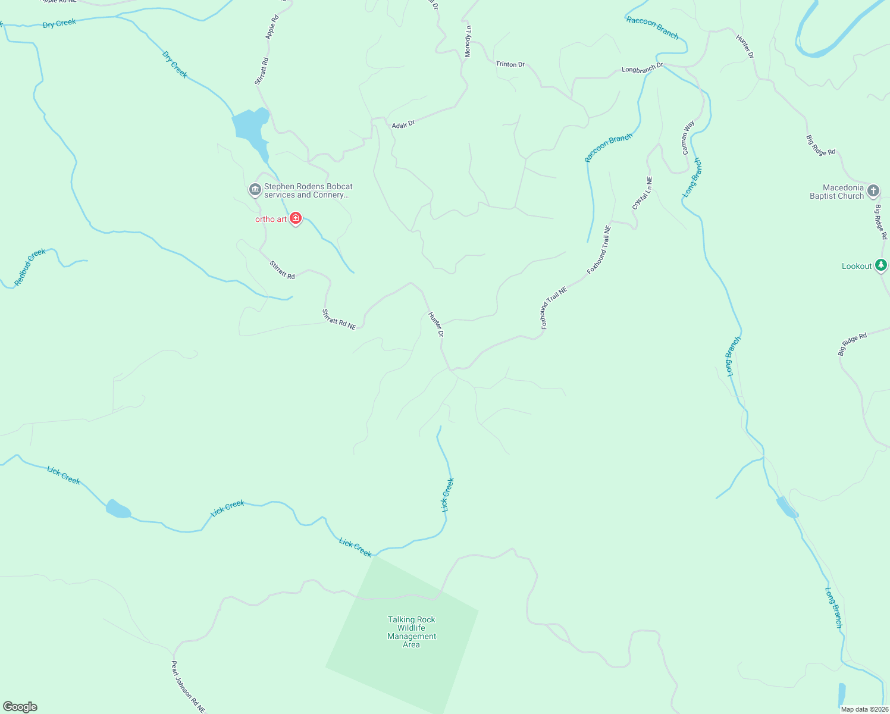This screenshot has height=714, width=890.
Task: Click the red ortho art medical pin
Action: click(x=296, y=218)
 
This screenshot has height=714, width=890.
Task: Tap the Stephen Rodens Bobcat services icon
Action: click(x=255, y=190)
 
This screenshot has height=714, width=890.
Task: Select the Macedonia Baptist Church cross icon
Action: click(x=873, y=191)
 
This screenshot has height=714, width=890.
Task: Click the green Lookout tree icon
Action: click(x=880, y=265)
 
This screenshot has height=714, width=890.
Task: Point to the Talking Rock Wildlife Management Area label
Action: click(x=412, y=632)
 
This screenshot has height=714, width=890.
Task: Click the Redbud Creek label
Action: click(x=30, y=267)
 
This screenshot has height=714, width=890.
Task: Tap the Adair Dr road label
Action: click(x=403, y=124)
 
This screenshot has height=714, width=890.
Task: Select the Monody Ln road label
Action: click(x=468, y=42)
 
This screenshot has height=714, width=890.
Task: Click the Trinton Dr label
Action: click(x=510, y=64)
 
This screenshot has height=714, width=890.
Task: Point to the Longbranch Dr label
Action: click(x=642, y=68)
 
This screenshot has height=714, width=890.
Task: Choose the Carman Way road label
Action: click(x=688, y=138)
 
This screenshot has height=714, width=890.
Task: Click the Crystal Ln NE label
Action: click(x=643, y=193)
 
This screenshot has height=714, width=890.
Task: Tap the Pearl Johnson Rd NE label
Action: click(x=188, y=687)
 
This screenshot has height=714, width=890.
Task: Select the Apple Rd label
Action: click(x=272, y=27)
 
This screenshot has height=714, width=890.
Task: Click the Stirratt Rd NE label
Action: click(x=339, y=320)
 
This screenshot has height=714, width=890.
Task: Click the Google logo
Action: click(x=20, y=706)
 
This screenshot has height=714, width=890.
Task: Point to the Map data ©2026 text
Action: click(x=864, y=709)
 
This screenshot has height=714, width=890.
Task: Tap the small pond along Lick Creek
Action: click(x=118, y=509)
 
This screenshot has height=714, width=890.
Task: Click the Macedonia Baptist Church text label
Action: click(x=836, y=192)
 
